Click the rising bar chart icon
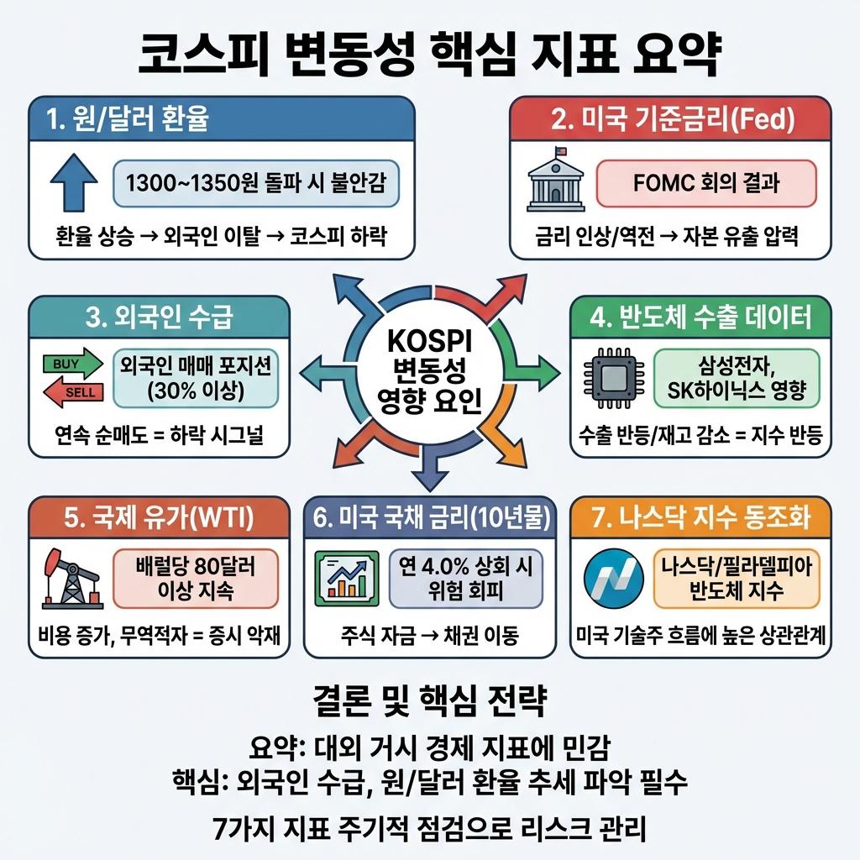pyautogui.click(x=344, y=578)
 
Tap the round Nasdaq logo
pyautogui.click(x=612, y=579)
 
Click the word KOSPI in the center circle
pyautogui.click(x=429, y=343)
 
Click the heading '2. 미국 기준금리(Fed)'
pyautogui.click(x=672, y=119)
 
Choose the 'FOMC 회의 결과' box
pyautogui.click(x=705, y=183)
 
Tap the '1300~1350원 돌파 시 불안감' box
pyautogui.click(x=255, y=183)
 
